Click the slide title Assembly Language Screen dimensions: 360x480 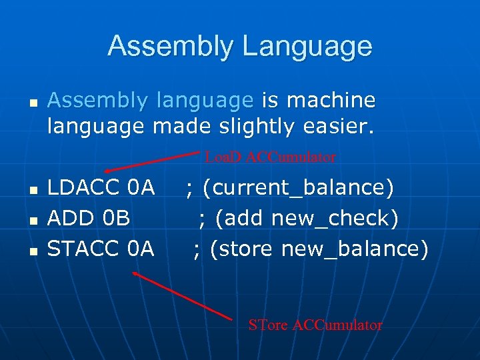point(240,46)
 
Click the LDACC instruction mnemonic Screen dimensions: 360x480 point(83,188)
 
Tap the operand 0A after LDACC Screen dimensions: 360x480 point(141,188)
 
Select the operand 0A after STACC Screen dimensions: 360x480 point(141,249)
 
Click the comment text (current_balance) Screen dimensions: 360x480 point(298,188)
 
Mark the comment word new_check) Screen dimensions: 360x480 point(342,218)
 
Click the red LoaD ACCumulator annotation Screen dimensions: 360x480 point(270,157)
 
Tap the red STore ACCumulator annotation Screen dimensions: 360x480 point(315,325)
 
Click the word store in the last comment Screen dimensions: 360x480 point(243,249)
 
